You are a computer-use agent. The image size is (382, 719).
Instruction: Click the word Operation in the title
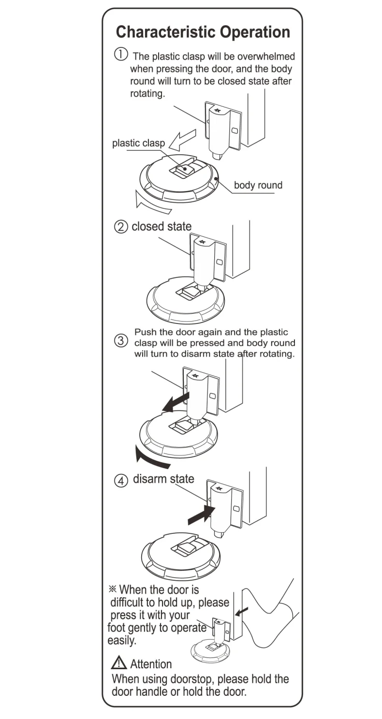click(x=255, y=32)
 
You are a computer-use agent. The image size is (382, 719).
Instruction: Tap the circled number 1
click(x=121, y=54)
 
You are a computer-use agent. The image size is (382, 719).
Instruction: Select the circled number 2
click(x=121, y=227)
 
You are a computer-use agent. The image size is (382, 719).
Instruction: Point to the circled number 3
click(x=121, y=341)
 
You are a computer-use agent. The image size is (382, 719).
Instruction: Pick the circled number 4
click(x=121, y=481)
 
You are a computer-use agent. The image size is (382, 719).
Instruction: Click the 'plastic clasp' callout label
click(x=138, y=143)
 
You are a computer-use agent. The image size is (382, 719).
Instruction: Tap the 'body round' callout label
click(x=258, y=185)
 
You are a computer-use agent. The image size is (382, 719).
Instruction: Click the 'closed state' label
click(x=162, y=226)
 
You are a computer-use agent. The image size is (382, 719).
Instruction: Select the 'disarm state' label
click(x=163, y=479)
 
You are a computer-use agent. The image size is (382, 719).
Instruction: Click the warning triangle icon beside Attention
click(x=118, y=663)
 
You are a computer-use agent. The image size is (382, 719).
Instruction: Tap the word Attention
click(x=151, y=664)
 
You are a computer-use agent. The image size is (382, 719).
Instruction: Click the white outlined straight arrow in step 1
click(x=185, y=138)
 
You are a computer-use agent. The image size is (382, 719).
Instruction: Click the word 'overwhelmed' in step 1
click(x=268, y=57)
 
